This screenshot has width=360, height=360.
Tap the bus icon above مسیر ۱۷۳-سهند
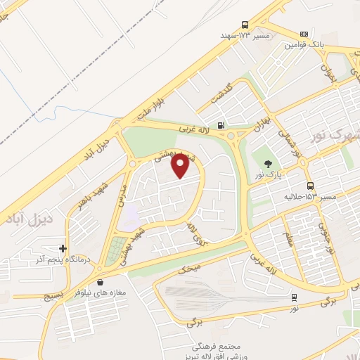click(245, 23)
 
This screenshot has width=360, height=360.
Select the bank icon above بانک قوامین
click(304, 34)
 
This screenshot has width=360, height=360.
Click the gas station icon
click(222, 126)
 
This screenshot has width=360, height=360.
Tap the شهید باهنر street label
click(86, 200)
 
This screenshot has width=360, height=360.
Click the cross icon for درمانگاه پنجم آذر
click(63, 248)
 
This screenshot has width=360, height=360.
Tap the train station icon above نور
click(294, 297)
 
